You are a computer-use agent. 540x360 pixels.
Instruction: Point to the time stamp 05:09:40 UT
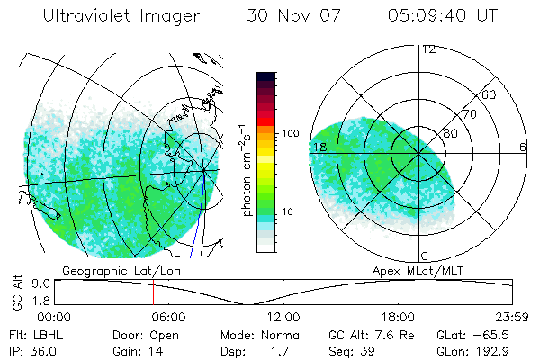(442, 16)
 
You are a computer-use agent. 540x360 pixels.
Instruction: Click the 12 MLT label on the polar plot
(428, 49)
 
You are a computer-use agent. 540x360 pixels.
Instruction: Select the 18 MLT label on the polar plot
(318, 147)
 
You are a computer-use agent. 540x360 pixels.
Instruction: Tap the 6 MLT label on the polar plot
(523, 147)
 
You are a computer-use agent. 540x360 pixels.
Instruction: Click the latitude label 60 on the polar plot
(490, 94)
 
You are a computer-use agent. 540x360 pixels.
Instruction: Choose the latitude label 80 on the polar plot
(450, 134)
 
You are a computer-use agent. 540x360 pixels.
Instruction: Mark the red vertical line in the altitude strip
(153, 292)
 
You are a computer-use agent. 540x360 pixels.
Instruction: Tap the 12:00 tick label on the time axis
(283, 317)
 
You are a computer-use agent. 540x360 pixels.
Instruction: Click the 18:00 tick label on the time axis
(398, 317)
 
